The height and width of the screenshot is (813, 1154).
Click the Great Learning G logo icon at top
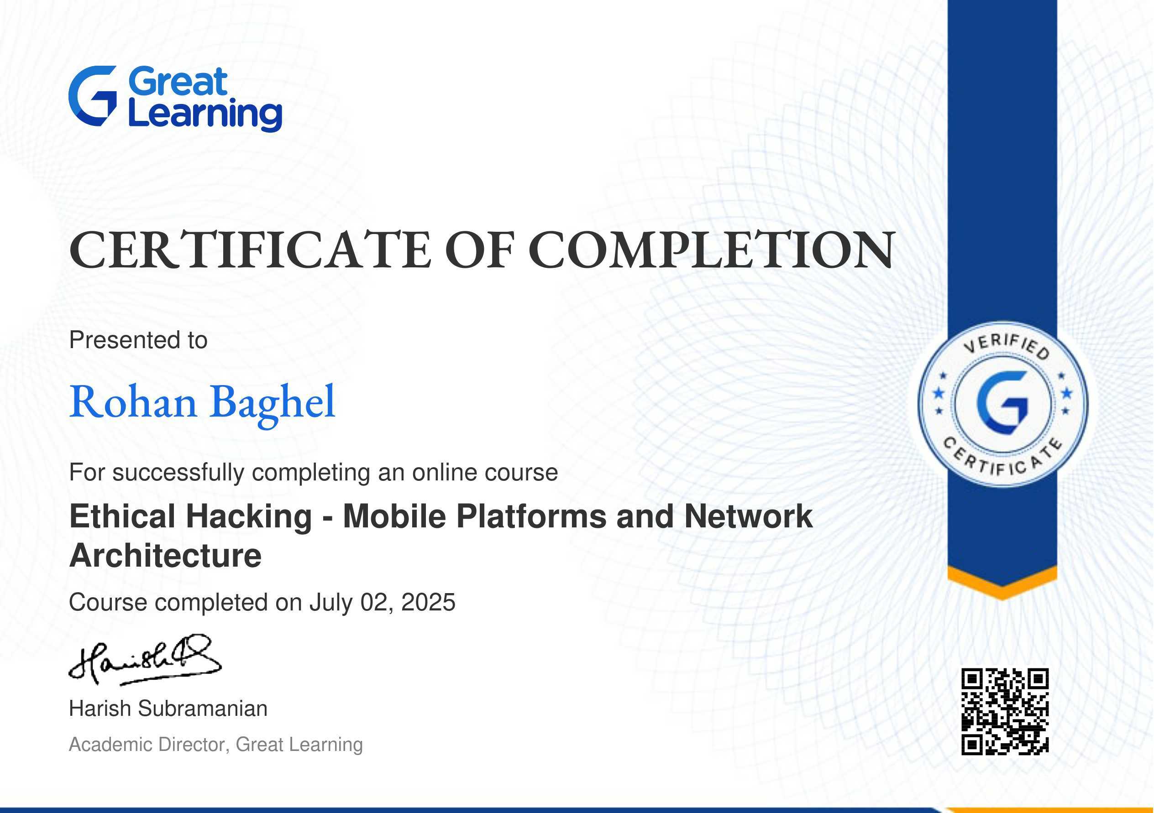click(93, 95)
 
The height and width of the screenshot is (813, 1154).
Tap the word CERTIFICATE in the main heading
click(250, 250)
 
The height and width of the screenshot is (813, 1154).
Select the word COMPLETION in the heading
click(711, 250)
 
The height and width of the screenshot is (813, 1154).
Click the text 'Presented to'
click(138, 340)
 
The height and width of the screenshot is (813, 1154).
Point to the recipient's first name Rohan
click(133, 402)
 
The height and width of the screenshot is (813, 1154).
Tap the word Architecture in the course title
click(165, 556)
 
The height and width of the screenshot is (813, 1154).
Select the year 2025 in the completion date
click(428, 602)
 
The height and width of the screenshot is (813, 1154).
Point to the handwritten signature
click(145, 660)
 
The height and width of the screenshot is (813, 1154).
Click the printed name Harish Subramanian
click(168, 709)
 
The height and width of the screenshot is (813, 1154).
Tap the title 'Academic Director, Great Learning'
click(215, 745)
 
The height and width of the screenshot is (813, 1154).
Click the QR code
click(1005, 712)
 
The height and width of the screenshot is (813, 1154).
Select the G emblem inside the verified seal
click(1002, 403)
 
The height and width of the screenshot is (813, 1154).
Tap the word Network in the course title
click(748, 516)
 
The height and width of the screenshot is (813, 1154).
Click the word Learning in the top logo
click(205, 115)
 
